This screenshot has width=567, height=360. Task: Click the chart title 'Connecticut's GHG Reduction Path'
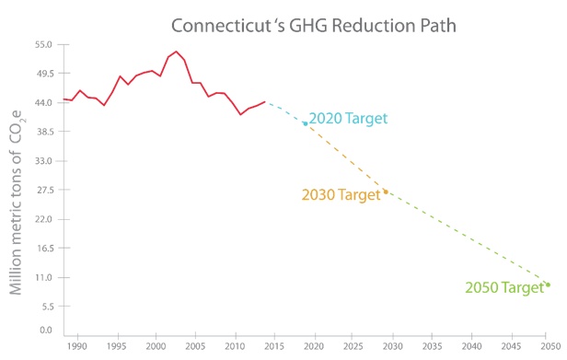(x=313, y=19)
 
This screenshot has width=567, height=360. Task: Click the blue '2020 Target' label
(x=348, y=119)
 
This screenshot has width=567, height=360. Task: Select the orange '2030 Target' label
(x=341, y=195)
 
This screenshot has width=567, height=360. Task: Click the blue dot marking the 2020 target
(x=306, y=122)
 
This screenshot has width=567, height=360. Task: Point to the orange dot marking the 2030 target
(x=386, y=192)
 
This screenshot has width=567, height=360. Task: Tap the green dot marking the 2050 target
(x=548, y=285)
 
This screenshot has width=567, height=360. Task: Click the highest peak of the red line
(x=176, y=52)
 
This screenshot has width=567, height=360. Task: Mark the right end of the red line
(x=265, y=102)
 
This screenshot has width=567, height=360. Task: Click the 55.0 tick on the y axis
(x=43, y=44)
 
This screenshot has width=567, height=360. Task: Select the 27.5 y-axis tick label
(x=43, y=190)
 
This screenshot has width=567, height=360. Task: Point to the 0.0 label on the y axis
(x=46, y=329)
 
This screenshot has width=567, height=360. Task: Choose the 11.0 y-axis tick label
(x=43, y=277)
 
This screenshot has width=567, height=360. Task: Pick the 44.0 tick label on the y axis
(x=43, y=102)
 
